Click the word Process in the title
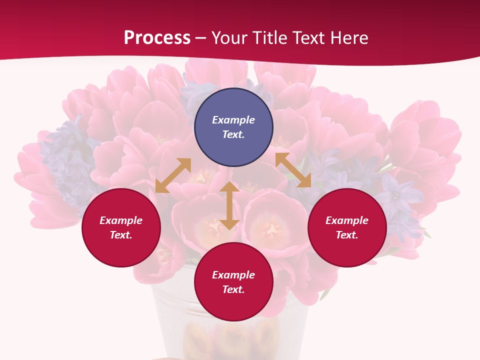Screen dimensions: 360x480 click(157, 38)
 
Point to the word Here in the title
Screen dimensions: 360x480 click(351, 38)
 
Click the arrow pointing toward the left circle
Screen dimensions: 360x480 click(173, 175)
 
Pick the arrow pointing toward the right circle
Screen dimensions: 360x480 click(293, 170)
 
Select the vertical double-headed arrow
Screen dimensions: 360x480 click(229, 205)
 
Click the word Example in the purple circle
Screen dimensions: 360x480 click(233, 120)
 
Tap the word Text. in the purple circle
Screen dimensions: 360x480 click(233, 134)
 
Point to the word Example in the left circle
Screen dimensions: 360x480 click(121, 220)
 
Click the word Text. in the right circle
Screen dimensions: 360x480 click(347, 235)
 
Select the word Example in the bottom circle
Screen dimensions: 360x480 click(233, 275)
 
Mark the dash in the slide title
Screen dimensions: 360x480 click(201, 38)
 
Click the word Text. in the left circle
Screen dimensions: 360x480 click(121, 235)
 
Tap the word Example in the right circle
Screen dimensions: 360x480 click(347, 220)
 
